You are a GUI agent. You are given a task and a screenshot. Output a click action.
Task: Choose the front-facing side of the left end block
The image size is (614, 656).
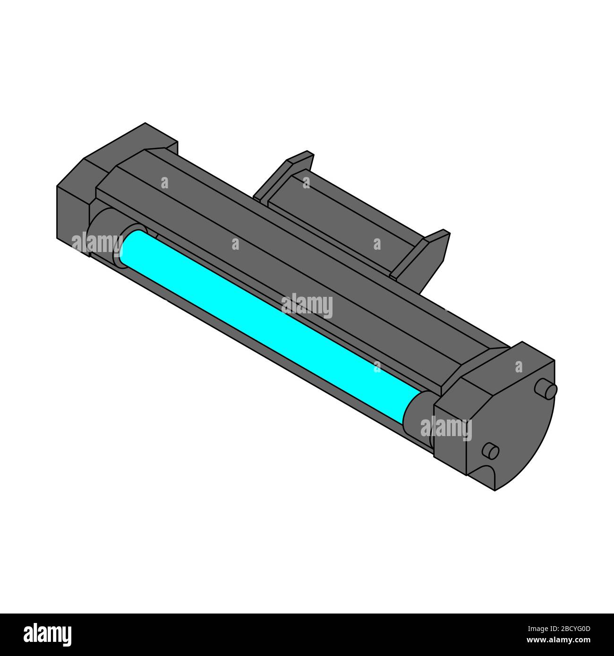tap(73, 212)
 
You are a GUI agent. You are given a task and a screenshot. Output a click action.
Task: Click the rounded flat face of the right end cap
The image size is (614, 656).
tap(515, 425)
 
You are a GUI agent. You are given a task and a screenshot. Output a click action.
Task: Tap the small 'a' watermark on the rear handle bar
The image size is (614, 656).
tap(307, 182)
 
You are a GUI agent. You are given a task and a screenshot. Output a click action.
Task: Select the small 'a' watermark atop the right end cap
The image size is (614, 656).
tap(519, 366)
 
